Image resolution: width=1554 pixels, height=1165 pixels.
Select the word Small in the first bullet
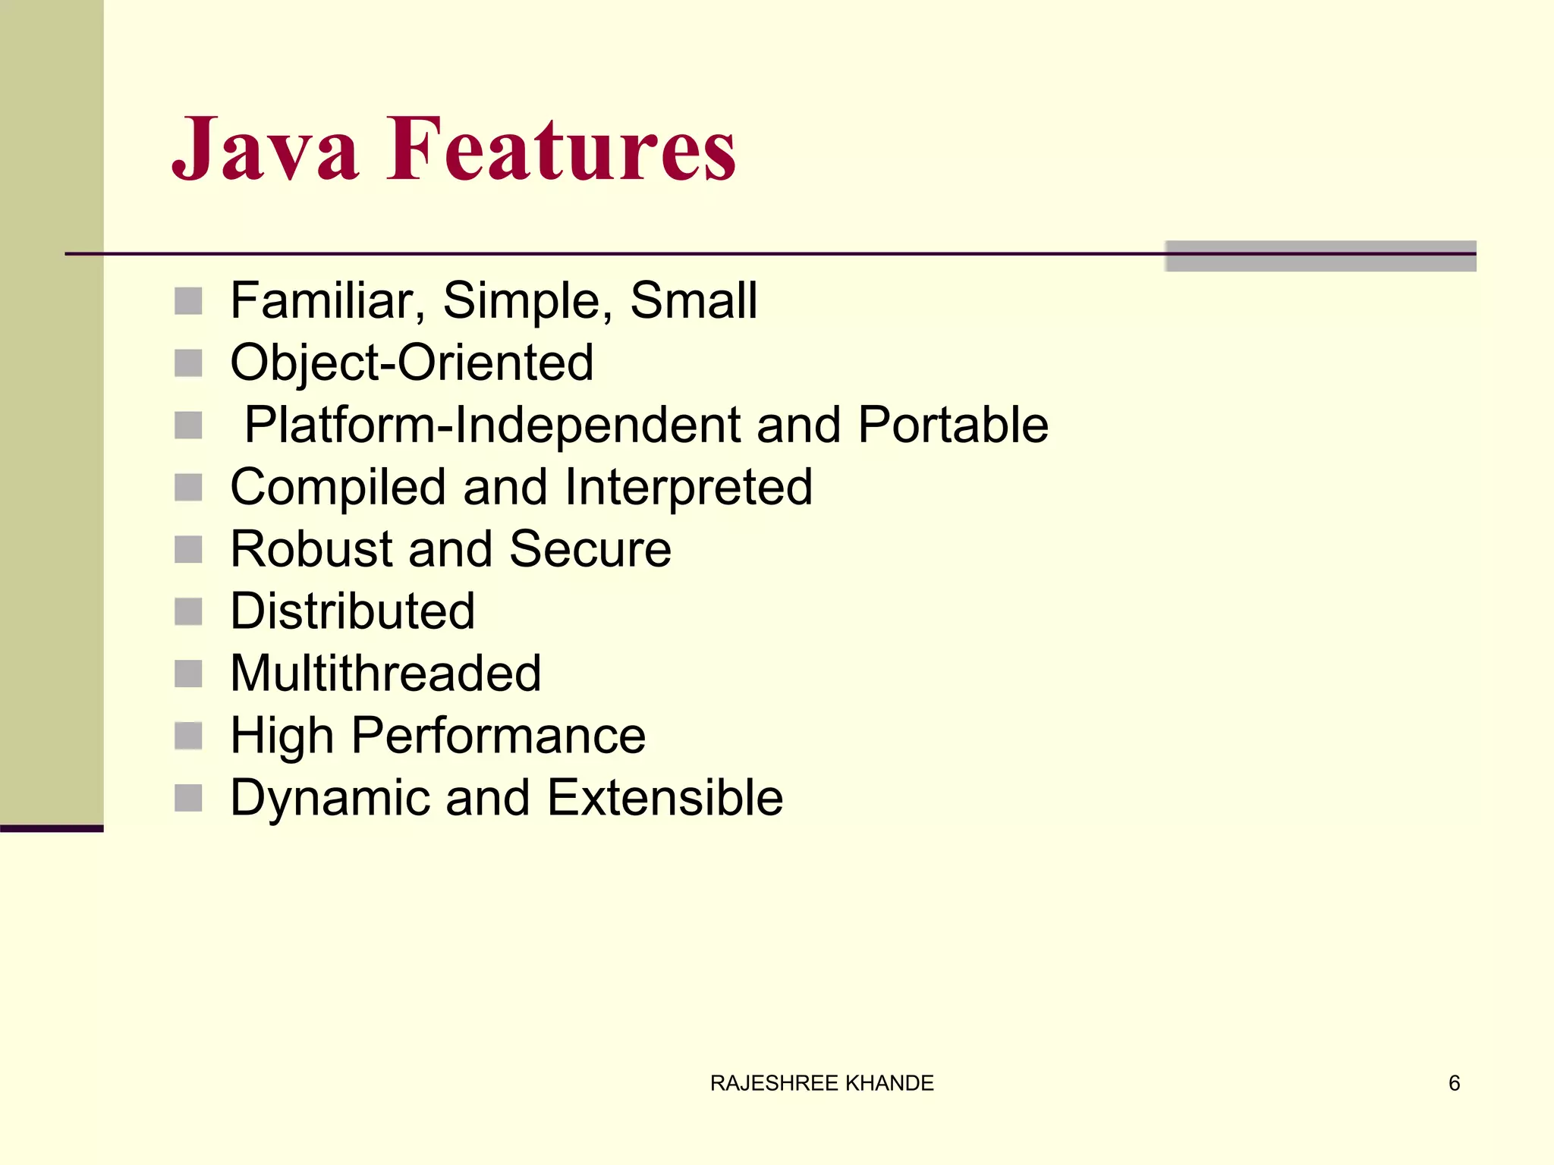pos(694,300)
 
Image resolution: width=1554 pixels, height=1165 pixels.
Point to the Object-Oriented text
pos(412,363)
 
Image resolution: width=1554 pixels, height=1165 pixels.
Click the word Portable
pos(953,425)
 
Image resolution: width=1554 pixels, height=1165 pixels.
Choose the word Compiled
pos(338,487)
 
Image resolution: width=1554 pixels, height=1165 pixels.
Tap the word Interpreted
pos(688,487)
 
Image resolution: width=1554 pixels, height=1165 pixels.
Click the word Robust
pos(311,549)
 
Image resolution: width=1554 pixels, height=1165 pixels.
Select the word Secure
pos(590,549)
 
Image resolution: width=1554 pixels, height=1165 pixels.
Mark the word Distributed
pos(352,611)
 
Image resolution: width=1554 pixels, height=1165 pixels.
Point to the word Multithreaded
pos(385,674)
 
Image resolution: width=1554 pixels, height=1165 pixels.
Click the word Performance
pos(498,736)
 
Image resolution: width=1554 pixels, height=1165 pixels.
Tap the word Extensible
pos(665,798)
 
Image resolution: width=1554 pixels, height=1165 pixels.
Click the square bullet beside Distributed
pos(188,611)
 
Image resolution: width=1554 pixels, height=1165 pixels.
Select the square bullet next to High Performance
pos(188,736)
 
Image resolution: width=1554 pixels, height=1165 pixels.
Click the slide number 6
pos(1454,1083)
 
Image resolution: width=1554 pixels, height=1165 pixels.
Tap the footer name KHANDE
pos(889,1083)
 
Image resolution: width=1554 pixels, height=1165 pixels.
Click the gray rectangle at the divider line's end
pos(1320,256)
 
